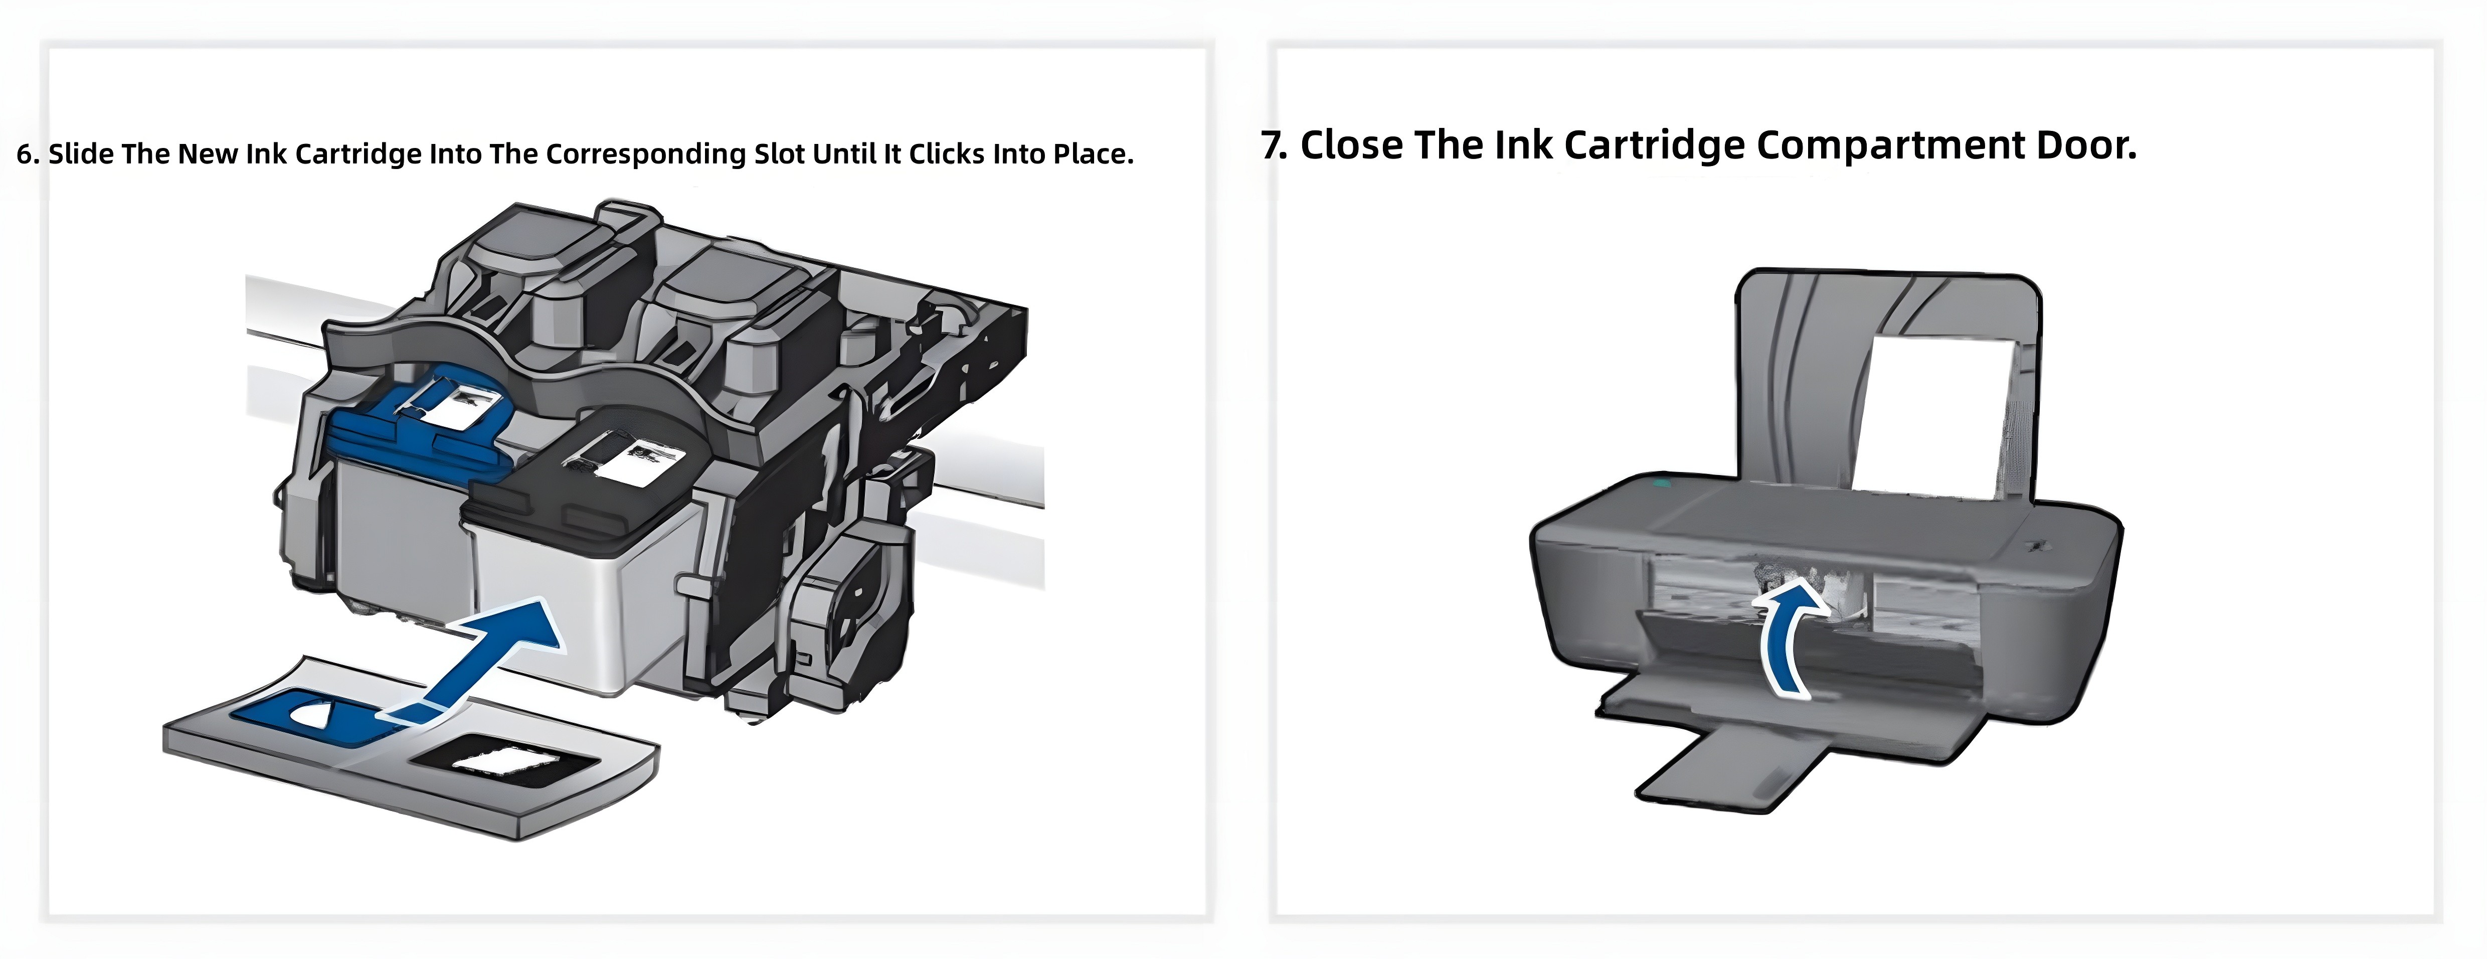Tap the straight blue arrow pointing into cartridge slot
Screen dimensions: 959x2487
tap(492, 657)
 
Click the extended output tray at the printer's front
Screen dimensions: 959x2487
tap(1728, 768)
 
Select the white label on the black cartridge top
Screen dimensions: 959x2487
tap(632, 459)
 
